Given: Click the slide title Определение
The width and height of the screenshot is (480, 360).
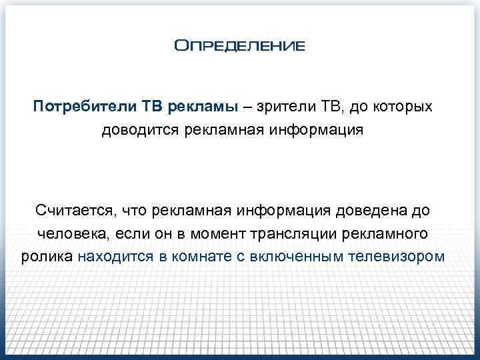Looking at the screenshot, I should [x=239, y=46].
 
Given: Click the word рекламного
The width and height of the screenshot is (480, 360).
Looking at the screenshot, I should [x=389, y=234].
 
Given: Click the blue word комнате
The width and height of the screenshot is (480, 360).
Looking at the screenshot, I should [x=187, y=257].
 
